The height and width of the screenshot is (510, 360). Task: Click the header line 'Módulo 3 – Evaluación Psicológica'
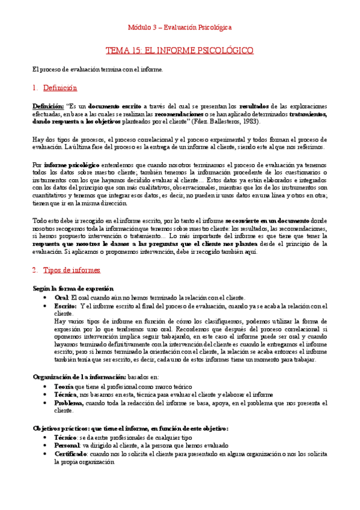180,28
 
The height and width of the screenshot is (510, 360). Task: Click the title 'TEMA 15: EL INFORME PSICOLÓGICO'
180,50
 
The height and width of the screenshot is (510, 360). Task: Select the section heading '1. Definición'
55,88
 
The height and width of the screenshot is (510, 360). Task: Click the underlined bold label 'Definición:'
47,106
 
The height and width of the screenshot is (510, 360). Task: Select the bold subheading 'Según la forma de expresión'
73,289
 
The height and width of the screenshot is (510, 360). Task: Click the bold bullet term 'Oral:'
62,297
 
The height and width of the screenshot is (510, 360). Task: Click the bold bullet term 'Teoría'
64,386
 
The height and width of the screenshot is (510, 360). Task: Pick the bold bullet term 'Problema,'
70,402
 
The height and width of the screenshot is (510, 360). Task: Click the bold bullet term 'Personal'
67,446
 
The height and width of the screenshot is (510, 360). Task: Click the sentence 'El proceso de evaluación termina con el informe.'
97,70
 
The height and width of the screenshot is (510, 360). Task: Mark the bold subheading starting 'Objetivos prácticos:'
130,428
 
